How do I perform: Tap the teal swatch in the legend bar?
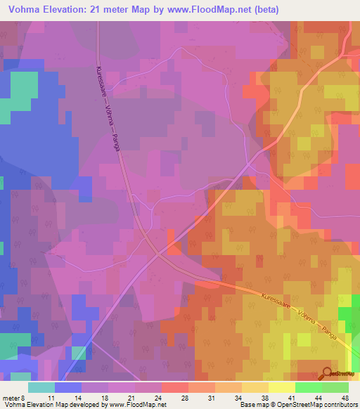coord(41,387)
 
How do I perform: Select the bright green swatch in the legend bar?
coord(307,387)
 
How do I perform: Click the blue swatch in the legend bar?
coord(68,387)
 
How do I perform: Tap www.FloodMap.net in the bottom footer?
coord(131,405)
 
